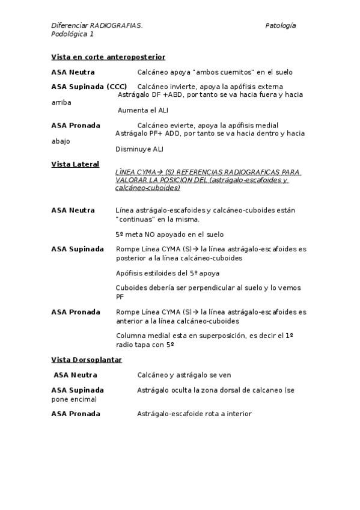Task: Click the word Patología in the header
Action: tap(280, 26)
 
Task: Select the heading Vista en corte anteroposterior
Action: tap(108, 57)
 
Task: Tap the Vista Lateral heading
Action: tap(75, 164)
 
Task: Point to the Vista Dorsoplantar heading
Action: tap(87, 360)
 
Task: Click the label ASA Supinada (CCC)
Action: tap(89, 87)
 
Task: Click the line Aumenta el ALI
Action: tap(143, 111)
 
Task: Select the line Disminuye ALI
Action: tap(139, 149)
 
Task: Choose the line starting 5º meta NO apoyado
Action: tap(169, 235)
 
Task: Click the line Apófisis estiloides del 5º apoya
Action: tap(168, 273)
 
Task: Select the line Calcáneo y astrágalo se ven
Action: tap(184, 375)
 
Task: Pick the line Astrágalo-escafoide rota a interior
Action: tap(194, 414)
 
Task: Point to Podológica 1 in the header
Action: tap(72, 34)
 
